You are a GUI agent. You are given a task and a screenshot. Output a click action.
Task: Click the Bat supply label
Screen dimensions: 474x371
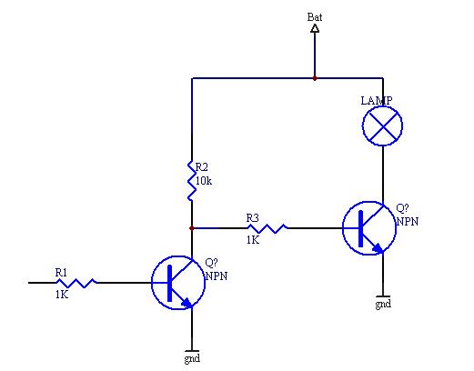315,17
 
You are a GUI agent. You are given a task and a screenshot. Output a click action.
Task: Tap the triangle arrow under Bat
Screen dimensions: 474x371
315,28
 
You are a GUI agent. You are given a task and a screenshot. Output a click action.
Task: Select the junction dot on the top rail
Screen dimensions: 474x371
315,78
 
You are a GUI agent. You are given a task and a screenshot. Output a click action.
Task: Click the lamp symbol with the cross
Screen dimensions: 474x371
383,125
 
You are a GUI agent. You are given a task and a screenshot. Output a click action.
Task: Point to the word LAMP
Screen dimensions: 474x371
377,101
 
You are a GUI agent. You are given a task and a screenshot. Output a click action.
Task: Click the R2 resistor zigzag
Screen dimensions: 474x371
192,181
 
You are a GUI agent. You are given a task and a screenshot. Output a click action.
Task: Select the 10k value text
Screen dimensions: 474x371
204,181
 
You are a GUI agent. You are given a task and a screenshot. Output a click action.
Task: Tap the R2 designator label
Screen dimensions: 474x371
202,167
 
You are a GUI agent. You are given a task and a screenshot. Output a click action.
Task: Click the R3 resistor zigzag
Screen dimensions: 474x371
267,228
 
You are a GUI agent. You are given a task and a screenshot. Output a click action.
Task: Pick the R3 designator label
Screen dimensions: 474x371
253,218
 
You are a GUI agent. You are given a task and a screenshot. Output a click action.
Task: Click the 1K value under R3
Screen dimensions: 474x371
253,240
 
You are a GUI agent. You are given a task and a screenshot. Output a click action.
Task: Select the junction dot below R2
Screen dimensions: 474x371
192,228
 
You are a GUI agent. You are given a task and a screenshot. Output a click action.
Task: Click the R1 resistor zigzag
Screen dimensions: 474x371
76,283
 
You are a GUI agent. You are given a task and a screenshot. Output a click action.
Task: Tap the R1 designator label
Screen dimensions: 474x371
61,273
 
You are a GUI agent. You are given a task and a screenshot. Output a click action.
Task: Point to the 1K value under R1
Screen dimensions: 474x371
62,295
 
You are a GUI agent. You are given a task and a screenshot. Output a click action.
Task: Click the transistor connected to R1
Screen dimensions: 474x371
178,283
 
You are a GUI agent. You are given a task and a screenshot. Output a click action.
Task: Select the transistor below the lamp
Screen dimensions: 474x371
369,228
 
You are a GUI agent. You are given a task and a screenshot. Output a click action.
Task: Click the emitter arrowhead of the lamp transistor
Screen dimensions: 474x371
378,248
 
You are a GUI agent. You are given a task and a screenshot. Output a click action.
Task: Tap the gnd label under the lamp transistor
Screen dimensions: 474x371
383,304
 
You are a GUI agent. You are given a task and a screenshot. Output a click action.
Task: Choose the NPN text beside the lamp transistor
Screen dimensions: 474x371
408,222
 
